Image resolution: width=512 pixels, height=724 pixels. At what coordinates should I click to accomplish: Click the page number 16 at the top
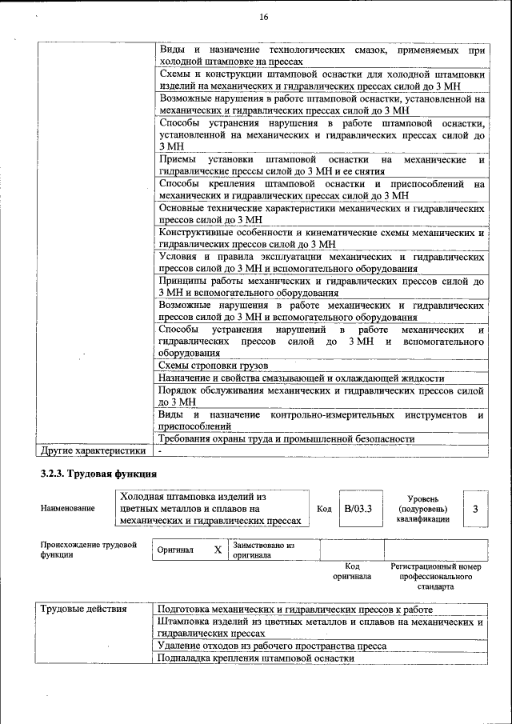[x=263, y=18]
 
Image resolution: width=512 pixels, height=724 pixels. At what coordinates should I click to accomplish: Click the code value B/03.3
[x=358, y=509]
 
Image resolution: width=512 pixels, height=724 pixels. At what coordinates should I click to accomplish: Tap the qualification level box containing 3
[x=475, y=509]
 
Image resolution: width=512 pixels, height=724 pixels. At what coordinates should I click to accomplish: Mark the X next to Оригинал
[x=218, y=550]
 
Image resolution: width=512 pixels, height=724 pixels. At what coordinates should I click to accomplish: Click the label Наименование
[x=67, y=508]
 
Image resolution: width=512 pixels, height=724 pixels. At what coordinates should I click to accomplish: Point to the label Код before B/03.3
[x=324, y=509]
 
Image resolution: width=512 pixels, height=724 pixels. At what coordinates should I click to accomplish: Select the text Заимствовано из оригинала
[x=264, y=550]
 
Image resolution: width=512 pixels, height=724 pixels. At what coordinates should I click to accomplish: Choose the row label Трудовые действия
[x=84, y=610]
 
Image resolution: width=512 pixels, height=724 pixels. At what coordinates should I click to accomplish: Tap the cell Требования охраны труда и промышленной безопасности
[x=286, y=439]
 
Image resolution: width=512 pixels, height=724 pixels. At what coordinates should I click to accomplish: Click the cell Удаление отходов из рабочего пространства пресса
[x=272, y=646]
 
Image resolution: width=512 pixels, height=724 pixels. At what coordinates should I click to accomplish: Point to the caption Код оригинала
[x=352, y=570]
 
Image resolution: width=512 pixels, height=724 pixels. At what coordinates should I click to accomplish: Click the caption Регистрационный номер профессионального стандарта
[x=436, y=576]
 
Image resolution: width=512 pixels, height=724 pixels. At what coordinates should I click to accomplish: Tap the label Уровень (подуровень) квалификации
[x=422, y=508]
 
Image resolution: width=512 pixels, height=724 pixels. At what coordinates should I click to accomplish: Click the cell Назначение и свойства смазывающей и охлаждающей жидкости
[x=301, y=378]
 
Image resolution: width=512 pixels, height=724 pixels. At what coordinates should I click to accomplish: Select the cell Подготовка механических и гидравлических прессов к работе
[x=295, y=610]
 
